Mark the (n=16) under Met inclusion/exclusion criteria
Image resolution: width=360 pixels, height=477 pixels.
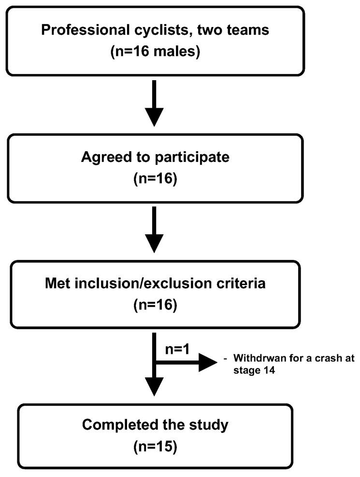(154, 305)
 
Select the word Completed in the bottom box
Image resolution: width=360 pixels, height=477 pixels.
(113, 425)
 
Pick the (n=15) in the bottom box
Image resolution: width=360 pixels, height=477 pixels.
(154, 447)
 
